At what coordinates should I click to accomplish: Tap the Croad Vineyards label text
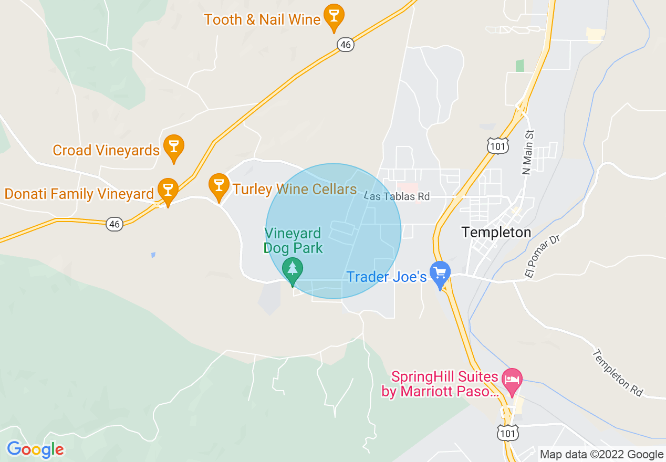[106, 151]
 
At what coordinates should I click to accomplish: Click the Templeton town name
[496, 232]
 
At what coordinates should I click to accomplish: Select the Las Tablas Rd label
[397, 196]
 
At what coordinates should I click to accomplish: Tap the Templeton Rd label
[618, 373]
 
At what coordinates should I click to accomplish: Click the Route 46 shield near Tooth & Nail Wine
[345, 45]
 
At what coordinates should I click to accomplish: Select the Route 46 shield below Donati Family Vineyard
[115, 224]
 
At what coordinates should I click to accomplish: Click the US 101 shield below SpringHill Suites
[507, 432]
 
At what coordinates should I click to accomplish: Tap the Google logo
[35, 449]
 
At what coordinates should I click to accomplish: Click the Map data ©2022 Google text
[601, 455]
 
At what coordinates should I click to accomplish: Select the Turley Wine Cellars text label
[294, 189]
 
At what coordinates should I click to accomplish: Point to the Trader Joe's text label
[386, 277]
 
